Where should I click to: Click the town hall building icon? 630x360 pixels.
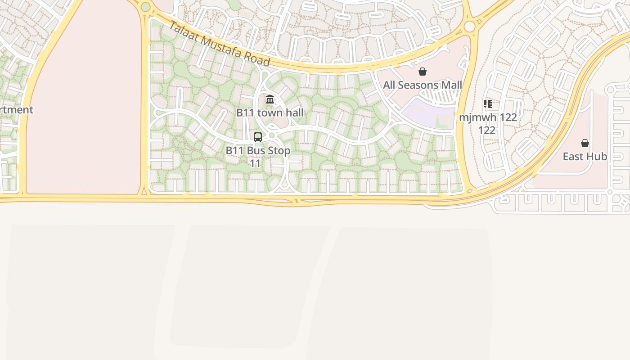coord(270,99)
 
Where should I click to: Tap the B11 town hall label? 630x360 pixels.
coord(270,112)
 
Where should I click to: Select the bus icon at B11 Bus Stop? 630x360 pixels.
coord(258,137)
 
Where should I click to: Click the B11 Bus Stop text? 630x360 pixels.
coord(258,150)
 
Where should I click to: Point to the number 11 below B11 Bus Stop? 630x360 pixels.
coord(255,163)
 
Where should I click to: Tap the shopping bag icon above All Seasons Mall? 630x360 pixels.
coord(423,72)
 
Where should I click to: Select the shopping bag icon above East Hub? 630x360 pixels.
coord(585,143)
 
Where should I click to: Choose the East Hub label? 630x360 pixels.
coord(585,157)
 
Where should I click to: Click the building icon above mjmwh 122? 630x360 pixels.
coord(487,104)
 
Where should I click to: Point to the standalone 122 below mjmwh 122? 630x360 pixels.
coord(487,130)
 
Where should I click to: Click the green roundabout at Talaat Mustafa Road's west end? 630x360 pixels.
coord(145,7)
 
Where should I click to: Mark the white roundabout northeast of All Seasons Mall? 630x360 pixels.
coord(469,27)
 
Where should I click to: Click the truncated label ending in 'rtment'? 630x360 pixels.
coord(16,110)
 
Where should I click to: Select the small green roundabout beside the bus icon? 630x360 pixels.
coord(271,135)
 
